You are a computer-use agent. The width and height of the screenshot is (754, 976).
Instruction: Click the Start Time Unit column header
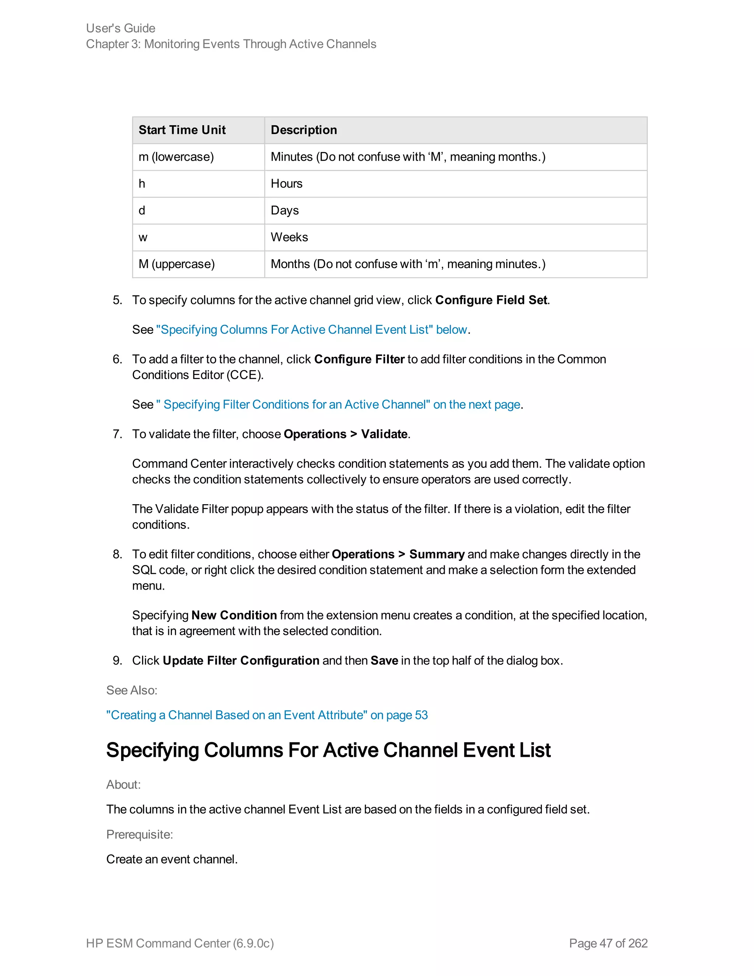(182, 130)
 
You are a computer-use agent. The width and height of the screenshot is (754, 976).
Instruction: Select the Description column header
(304, 130)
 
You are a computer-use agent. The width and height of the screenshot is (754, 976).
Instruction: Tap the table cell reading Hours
(286, 184)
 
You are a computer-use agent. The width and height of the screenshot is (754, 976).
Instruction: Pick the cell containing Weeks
(289, 237)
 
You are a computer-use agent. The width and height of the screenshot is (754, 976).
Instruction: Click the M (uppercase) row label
(176, 264)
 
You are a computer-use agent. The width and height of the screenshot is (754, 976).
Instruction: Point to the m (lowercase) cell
(176, 157)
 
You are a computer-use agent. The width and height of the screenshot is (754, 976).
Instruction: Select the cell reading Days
(285, 210)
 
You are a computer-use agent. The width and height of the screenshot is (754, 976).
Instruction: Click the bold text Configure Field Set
(491, 300)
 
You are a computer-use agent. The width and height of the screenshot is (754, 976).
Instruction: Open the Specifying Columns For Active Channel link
(311, 330)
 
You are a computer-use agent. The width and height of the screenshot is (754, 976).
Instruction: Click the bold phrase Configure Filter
(359, 359)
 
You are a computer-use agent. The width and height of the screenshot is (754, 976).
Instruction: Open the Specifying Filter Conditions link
(339, 404)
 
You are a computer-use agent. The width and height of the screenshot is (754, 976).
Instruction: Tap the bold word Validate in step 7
(384, 434)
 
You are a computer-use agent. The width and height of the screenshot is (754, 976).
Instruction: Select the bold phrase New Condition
(234, 615)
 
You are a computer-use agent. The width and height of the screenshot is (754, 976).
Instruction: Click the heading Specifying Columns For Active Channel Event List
(328, 750)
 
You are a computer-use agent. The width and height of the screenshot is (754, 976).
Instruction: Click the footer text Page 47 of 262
(608, 943)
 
